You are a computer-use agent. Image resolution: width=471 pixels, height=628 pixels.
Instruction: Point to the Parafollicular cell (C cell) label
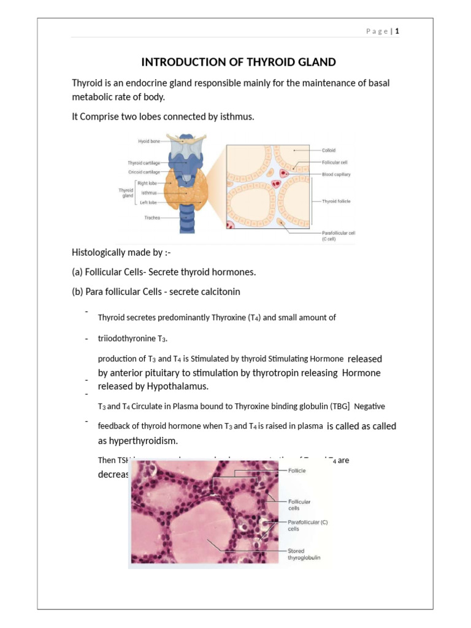[x=339, y=235]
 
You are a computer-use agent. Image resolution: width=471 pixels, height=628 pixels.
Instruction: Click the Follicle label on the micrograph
[x=297, y=470]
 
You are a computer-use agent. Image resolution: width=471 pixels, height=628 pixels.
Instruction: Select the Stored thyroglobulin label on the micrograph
[x=304, y=554]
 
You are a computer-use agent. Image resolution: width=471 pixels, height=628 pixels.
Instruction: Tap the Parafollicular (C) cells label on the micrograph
[x=308, y=525]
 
